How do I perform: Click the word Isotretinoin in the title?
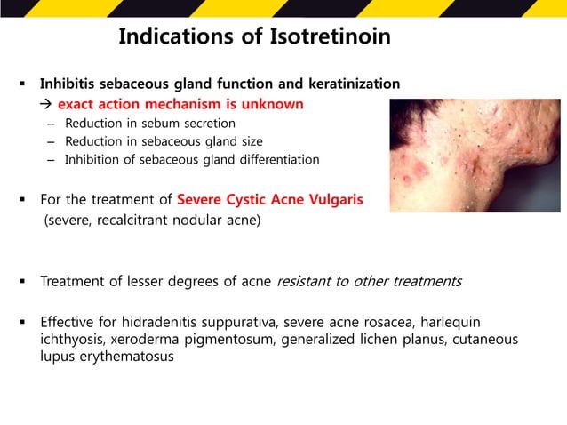[x=331, y=37]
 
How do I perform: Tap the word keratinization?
[x=352, y=84]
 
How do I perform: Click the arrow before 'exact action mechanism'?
[x=47, y=104]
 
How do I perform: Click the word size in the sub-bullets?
[x=249, y=141]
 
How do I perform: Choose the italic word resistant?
[x=307, y=282]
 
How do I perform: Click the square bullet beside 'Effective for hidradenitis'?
[x=20, y=321]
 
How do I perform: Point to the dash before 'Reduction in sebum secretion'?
[x=51, y=123]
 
